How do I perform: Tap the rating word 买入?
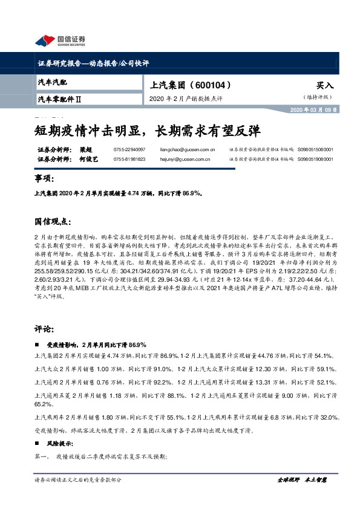pyautogui.click(x=324, y=86)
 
